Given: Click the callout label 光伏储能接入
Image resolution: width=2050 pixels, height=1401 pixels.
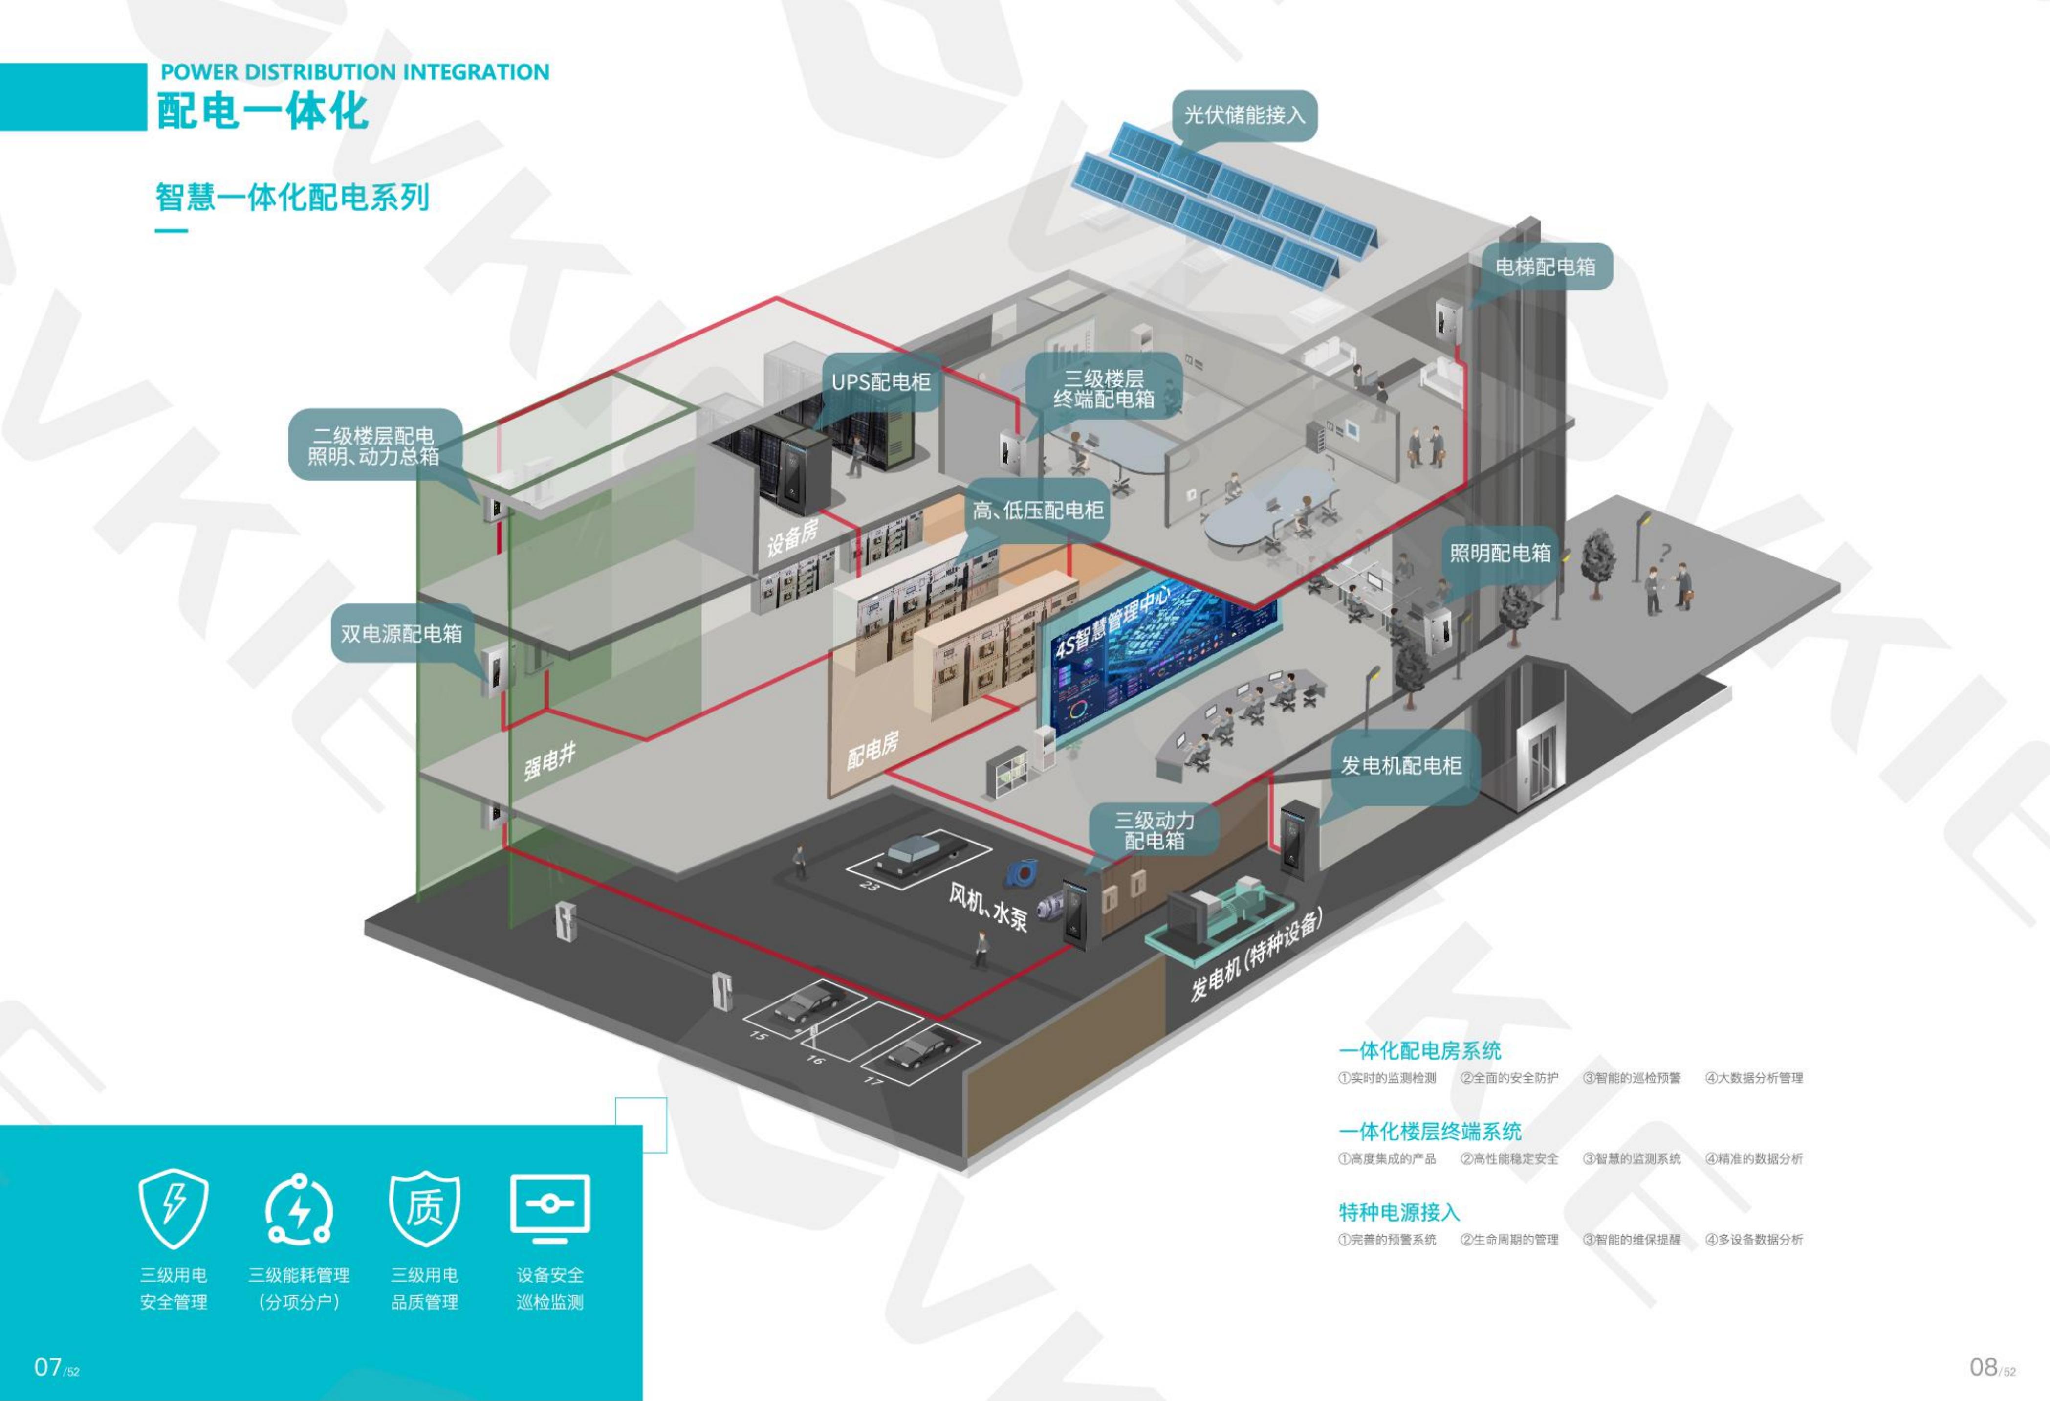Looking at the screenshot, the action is tap(1244, 115).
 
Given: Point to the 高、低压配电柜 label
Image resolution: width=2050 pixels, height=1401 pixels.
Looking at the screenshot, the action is tap(1038, 510).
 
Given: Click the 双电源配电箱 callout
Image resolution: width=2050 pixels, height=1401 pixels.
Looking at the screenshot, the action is tap(401, 633).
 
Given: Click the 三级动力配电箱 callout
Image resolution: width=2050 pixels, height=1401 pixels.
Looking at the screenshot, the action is tap(1155, 829).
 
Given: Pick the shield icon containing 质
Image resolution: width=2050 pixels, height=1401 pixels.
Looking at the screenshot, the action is tap(424, 1208).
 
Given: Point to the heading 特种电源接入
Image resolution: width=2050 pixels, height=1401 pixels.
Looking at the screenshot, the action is tap(1399, 1212).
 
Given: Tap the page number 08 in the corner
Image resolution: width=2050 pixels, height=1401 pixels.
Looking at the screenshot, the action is tap(1984, 1367).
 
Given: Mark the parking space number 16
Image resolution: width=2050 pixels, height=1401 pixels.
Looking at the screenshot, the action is tap(814, 1059).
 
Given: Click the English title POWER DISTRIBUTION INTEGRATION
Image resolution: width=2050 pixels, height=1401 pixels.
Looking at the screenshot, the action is tap(354, 72).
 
